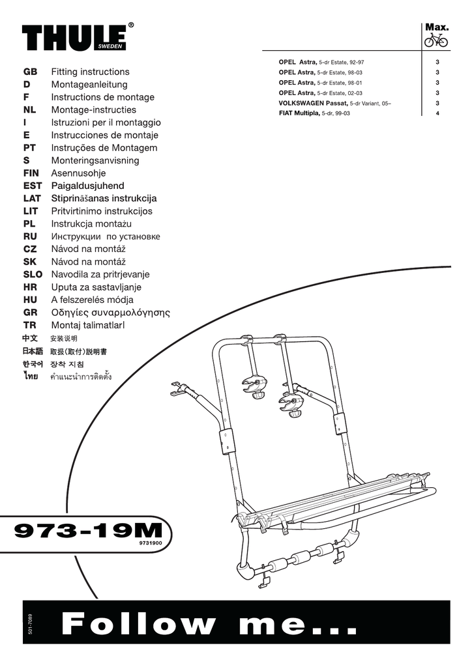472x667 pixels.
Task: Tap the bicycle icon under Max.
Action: [x=436, y=40]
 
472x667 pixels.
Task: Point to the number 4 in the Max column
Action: [x=437, y=113]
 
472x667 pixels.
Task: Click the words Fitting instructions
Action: [x=90, y=72]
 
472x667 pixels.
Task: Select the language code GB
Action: [x=31, y=72]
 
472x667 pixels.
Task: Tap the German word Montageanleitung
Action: [x=89, y=85]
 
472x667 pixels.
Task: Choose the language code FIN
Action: [x=32, y=173]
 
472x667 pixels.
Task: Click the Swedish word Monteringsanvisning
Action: [x=95, y=160]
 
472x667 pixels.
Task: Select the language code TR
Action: [x=29, y=325]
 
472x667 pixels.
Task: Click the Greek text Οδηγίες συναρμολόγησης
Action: [x=110, y=313]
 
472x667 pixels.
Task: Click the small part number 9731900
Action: [x=150, y=541]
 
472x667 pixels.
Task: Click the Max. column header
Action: [x=436, y=27]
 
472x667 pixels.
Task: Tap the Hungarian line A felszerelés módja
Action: [x=92, y=300]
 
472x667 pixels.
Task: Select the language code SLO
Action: [x=32, y=274]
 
